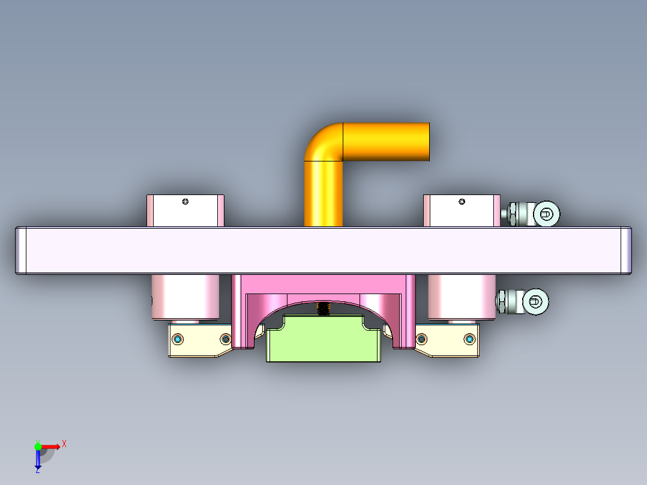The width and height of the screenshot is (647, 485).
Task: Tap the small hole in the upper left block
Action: click(x=185, y=202)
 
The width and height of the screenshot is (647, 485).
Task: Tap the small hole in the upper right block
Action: click(x=462, y=202)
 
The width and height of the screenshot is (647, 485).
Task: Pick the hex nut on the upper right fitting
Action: click(x=514, y=214)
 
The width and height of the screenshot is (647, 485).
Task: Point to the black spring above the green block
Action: click(x=323, y=309)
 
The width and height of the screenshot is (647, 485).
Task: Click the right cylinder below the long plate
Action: click(x=461, y=297)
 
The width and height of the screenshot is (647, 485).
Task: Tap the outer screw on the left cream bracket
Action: click(x=178, y=340)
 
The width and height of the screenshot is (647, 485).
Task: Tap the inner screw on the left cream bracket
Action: click(x=225, y=339)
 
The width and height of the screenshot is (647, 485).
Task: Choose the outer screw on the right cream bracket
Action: click(x=469, y=340)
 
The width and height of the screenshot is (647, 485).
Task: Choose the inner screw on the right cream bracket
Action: click(x=421, y=340)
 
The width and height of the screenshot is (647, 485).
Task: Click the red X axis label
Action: click(x=64, y=444)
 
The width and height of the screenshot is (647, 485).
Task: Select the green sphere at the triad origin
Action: click(x=38, y=446)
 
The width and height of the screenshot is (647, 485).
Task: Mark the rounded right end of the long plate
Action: click(x=626, y=250)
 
